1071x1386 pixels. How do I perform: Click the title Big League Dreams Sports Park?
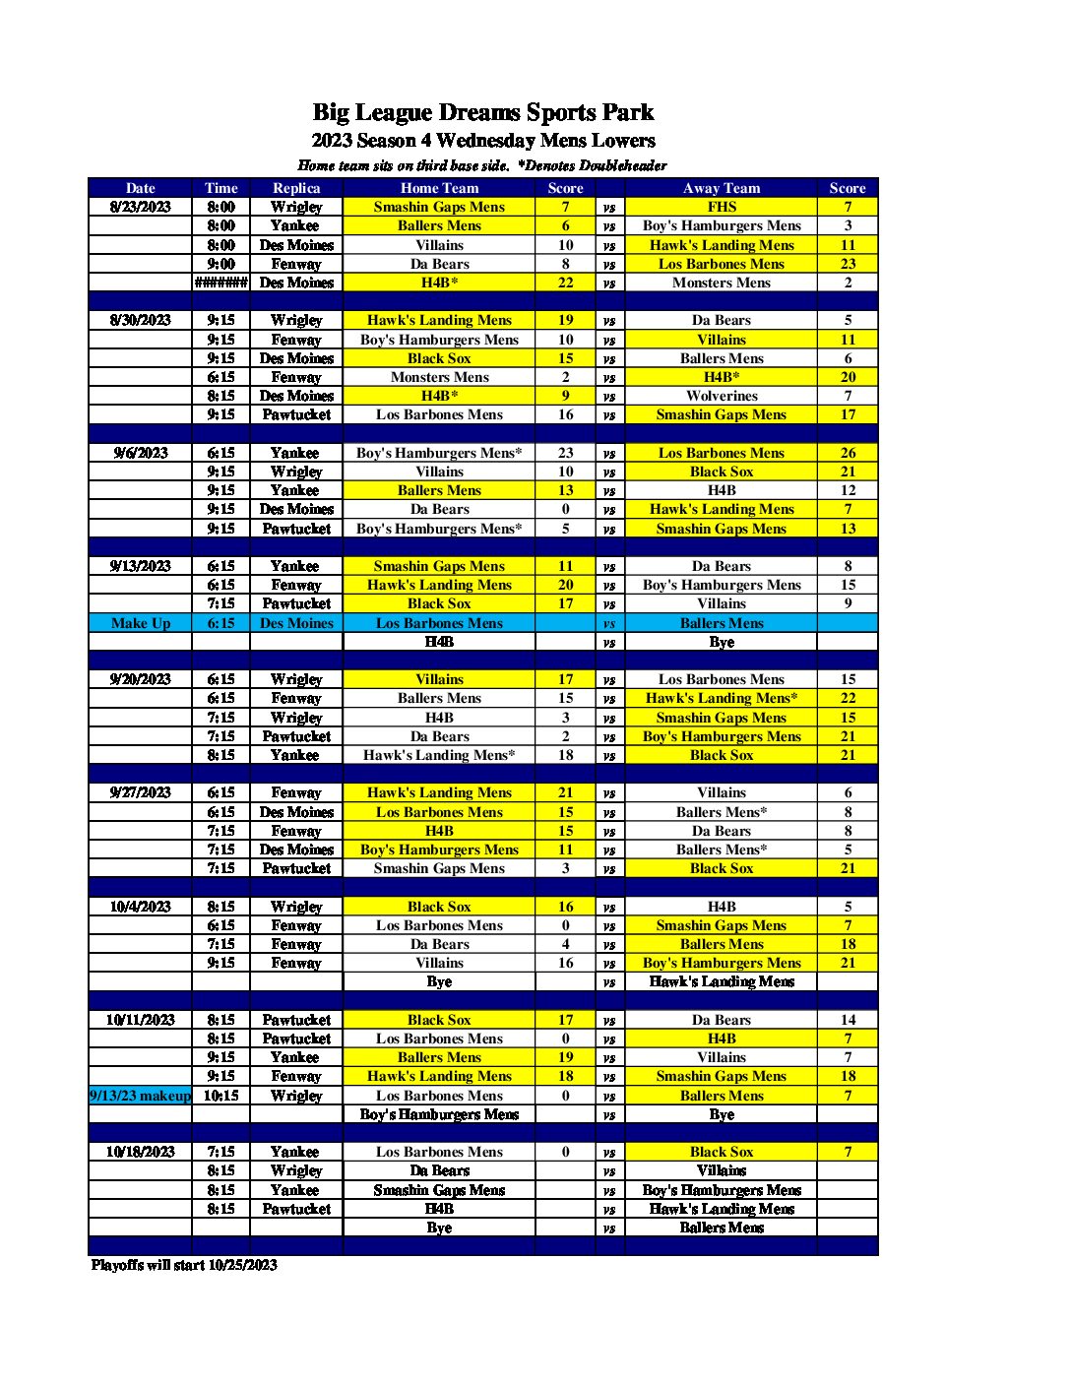(x=482, y=112)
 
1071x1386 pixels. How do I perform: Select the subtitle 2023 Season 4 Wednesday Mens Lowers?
(x=482, y=141)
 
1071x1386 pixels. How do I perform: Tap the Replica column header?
(x=296, y=188)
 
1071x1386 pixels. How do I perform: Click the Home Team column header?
(x=439, y=188)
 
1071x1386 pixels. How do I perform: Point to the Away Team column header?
(x=722, y=188)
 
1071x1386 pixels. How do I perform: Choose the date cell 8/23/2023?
(x=140, y=207)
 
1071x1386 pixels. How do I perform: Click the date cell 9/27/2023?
(x=140, y=792)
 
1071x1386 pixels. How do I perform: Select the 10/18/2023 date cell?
(x=140, y=1152)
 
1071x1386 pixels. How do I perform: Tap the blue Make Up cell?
(x=140, y=623)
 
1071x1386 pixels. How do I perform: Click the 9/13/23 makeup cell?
(x=140, y=1096)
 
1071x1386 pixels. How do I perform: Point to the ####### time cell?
(x=220, y=283)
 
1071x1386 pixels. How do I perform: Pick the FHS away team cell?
(x=722, y=207)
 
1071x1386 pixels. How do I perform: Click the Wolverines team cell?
(x=722, y=396)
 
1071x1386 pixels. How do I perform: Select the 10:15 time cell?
(x=220, y=1096)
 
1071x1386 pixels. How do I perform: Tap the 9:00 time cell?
(x=220, y=264)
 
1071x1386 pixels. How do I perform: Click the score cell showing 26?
(x=848, y=453)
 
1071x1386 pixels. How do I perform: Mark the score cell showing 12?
(x=848, y=490)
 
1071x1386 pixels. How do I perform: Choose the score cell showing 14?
(x=848, y=1020)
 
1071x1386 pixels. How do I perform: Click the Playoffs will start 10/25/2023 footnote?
(x=184, y=1265)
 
